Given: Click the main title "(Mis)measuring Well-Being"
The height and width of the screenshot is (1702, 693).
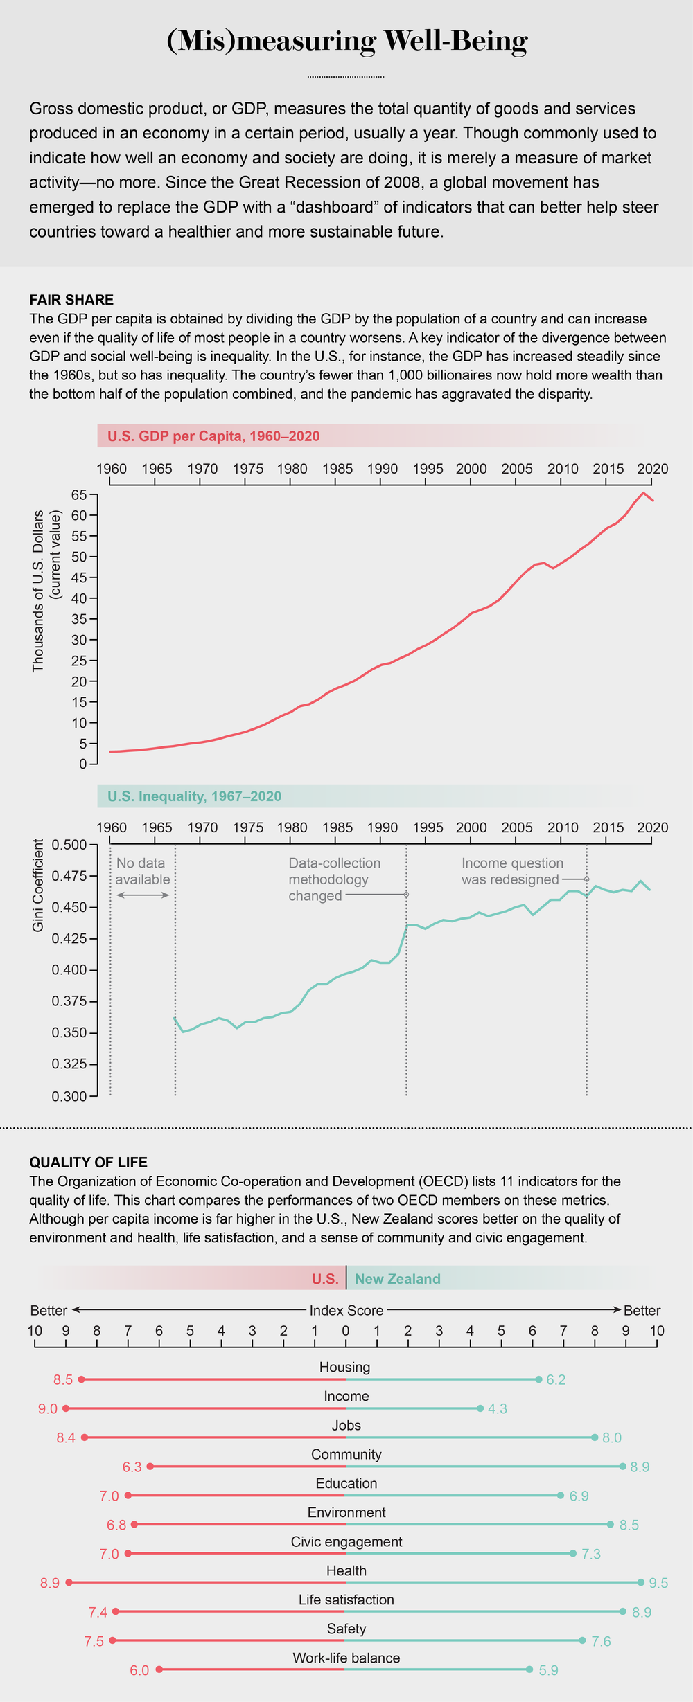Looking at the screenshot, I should [x=347, y=42].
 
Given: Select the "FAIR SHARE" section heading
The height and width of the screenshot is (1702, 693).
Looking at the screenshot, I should [x=71, y=300].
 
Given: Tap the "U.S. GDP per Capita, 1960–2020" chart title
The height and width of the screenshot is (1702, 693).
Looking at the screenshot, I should [x=213, y=436].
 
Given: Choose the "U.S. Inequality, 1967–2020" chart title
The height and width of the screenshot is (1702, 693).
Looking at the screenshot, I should [x=195, y=796].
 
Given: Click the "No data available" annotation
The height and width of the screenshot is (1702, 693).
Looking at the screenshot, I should [x=143, y=871].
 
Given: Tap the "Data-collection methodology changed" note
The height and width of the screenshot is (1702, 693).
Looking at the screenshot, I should [x=334, y=879].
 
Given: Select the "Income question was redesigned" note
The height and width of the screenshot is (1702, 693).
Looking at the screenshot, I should [x=512, y=871].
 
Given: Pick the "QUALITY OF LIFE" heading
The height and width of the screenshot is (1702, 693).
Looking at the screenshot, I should [x=88, y=1162].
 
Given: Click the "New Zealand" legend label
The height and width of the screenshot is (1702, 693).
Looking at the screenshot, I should [x=398, y=1279].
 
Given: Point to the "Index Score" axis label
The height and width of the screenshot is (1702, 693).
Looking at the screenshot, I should [x=346, y=1310].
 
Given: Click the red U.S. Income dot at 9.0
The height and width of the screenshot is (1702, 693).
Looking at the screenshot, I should [x=66, y=1408].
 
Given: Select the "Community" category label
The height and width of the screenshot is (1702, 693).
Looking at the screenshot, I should [x=346, y=1454].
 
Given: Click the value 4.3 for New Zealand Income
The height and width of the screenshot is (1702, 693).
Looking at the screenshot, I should [x=498, y=1408].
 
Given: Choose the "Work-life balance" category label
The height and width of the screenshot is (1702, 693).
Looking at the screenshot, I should [x=346, y=1658].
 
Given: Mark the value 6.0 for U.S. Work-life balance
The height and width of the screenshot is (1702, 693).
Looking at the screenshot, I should [x=139, y=1670].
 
